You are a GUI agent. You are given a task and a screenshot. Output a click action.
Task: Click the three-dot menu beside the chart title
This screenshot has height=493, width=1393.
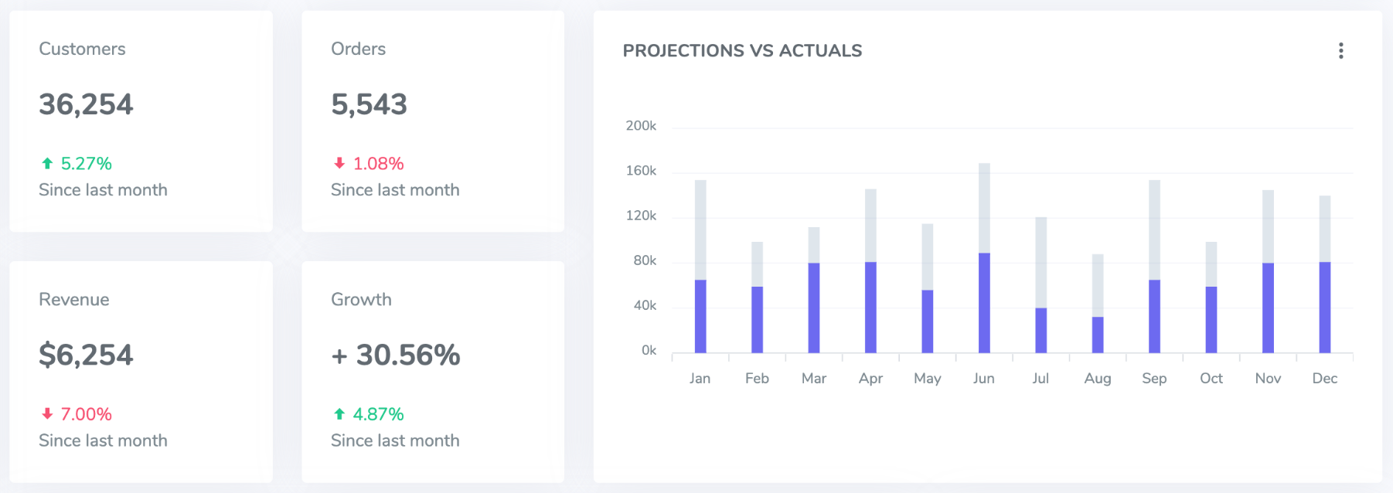point(1340,51)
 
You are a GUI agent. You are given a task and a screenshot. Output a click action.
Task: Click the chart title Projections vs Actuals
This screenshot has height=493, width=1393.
point(742,51)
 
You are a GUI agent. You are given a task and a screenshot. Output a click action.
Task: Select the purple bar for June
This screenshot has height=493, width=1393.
point(984,303)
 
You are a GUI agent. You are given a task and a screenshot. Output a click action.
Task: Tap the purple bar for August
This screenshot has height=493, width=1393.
point(1098,335)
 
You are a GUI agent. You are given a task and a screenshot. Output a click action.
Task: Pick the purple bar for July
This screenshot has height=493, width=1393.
point(1040,330)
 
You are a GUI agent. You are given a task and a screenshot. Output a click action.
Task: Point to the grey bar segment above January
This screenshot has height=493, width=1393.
point(700,229)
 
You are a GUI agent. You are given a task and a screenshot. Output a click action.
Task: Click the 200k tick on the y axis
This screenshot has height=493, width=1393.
point(641,126)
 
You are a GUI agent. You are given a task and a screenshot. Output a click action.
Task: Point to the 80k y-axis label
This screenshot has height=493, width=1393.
point(644,261)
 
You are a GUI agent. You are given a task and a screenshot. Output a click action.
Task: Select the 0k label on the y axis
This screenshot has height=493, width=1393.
point(649,351)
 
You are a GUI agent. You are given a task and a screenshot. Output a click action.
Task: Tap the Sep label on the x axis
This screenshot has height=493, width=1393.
point(1154,379)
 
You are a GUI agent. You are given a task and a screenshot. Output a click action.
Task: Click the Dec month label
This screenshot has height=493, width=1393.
point(1324,379)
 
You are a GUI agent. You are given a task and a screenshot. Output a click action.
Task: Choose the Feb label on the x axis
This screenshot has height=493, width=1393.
point(757,379)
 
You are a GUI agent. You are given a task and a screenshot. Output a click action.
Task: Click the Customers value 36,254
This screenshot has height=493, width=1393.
point(86,104)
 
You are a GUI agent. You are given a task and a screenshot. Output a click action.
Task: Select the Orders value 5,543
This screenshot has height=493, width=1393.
point(369,104)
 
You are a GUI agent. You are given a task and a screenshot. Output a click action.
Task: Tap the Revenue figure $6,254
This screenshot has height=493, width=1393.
point(86,355)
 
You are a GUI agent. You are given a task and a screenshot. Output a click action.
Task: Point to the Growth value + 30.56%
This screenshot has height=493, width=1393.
point(396,355)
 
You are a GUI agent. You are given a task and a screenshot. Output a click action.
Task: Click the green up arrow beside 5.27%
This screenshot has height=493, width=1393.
point(47,164)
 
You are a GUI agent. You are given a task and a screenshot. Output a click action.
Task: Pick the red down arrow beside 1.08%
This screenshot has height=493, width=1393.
point(339,164)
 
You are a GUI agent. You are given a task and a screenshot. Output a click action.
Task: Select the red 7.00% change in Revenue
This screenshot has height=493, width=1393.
point(86,414)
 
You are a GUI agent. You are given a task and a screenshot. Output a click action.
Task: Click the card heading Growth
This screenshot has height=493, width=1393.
point(361,300)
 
